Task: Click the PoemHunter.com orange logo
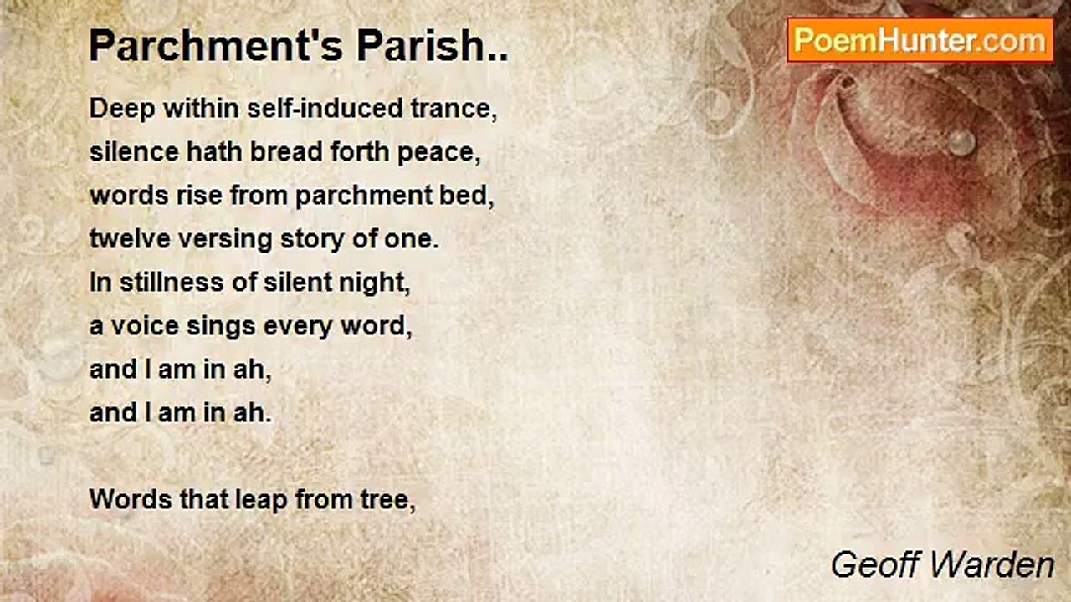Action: coord(920,40)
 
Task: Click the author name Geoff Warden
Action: coord(942,565)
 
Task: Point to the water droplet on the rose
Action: coord(961,142)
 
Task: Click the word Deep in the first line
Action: coord(122,110)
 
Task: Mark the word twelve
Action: coord(130,239)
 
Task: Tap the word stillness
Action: coord(172,282)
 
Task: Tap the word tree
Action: coord(387,501)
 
